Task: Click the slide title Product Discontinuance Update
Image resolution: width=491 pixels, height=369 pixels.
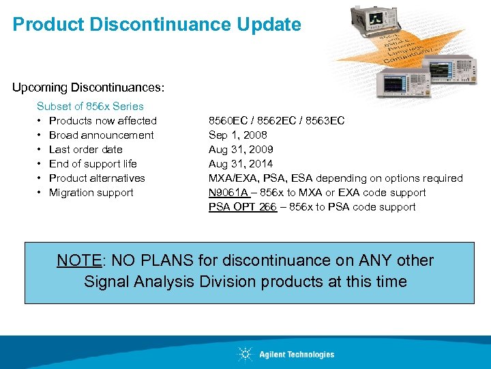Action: [x=156, y=25]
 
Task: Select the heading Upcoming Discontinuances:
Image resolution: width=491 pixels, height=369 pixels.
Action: [x=88, y=88]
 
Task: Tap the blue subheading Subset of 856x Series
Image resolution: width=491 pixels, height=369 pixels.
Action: [x=90, y=106]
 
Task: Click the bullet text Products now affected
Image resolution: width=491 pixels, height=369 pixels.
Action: [x=102, y=121]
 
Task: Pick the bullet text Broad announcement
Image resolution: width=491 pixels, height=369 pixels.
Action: [x=101, y=135]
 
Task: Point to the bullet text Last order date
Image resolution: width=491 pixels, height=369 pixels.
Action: [x=85, y=150]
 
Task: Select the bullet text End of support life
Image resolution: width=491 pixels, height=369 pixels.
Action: [x=93, y=164]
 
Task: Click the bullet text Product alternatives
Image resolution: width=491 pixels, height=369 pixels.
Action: [x=97, y=178]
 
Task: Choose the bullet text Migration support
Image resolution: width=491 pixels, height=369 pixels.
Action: [x=91, y=193]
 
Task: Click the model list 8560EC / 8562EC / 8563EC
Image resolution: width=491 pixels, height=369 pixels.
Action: [x=276, y=121]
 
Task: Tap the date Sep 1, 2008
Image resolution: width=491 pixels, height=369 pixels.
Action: [x=237, y=135]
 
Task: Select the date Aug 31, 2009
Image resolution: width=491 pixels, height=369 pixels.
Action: [x=240, y=150]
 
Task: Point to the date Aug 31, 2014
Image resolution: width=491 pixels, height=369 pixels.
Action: [x=240, y=164]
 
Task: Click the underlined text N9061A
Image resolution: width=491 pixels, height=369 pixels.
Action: [x=228, y=193]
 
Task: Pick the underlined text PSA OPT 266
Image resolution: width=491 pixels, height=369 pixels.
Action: [x=242, y=207]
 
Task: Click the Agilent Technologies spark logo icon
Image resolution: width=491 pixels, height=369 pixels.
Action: [x=245, y=354]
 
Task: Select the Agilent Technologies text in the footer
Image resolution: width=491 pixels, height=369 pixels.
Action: [x=297, y=355]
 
